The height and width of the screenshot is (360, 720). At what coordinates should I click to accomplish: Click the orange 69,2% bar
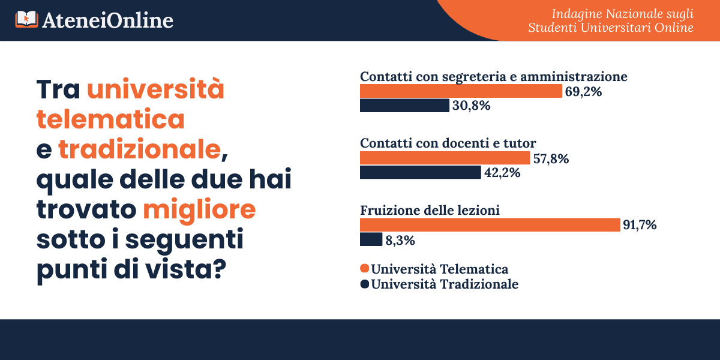point(461,91)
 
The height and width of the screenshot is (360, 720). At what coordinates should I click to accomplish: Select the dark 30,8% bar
point(404,106)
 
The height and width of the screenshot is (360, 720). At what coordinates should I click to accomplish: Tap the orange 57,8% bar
point(445,158)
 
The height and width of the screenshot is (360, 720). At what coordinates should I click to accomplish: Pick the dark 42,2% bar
point(420,173)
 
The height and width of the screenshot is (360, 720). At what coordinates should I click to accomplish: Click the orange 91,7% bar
point(490,225)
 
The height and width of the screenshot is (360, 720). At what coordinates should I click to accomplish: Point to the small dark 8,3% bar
point(371,239)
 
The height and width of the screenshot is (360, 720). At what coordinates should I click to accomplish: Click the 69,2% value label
point(583,92)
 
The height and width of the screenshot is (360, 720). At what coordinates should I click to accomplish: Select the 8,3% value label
point(400,240)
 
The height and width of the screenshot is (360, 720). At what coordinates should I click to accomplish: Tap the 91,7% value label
point(640,226)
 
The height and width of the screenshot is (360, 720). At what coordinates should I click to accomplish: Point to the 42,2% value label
point(502,173)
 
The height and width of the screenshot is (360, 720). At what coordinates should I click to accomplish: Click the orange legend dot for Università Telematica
point(364,268)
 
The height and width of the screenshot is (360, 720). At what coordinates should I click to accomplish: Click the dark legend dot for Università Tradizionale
point(364,284)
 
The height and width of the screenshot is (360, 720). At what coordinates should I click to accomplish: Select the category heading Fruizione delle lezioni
point(430,211)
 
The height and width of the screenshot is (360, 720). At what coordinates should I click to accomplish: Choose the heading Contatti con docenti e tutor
point(448,143)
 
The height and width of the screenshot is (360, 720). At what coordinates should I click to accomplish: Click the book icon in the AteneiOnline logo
point(26,20)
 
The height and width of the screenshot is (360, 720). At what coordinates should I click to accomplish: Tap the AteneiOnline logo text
point(108,20)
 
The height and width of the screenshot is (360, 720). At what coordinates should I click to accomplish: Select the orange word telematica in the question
point(110,119)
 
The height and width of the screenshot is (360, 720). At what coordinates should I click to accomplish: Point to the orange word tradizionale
point(139,149)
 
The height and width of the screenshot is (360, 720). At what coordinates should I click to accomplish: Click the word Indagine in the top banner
point(573,13)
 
